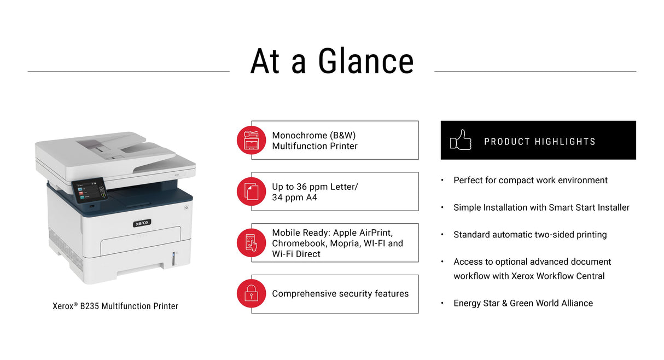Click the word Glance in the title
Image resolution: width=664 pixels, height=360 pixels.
pyautogui.click(x=365, y=61)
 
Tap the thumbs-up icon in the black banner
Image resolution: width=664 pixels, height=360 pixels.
pyautogui.click(x=460, y=140)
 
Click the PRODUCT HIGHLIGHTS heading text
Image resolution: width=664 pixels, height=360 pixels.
pyautogui.click(x=539, y=142)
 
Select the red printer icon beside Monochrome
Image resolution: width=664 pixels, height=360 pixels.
pyautogui.click(x=251, y=140)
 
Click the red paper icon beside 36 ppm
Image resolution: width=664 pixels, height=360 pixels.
pyautogui.click(x=251, y=191)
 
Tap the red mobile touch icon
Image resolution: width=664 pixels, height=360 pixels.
pyautogui.click(x=251, y=242)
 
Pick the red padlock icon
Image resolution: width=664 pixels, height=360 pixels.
pyautogui.click(x=251, y=294)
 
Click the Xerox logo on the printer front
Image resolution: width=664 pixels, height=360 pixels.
pyautogui.click(x=142, y=223)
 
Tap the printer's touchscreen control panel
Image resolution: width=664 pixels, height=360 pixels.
pyautogui.click(x=89, y=190)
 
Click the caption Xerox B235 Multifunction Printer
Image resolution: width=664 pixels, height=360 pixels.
pyautogui.click(x=115, y=306)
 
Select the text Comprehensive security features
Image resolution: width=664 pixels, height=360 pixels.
pyautogui.click(x=340, y=294)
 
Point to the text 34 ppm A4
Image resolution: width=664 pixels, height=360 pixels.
pyautogui.click(x=294, y=198)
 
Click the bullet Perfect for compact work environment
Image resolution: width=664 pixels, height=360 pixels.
pyautogui.click(x=530, y=180)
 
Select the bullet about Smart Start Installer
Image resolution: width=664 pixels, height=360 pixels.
pyautogui.click(x=541, y=207)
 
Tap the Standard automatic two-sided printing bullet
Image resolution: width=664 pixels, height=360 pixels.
pyautogui.click(x=529, y=235)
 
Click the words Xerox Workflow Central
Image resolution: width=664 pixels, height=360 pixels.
pyautogui.click(x=558, y=276)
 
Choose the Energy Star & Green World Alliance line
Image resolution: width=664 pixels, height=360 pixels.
pyautogui.click(x=523, y=303)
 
